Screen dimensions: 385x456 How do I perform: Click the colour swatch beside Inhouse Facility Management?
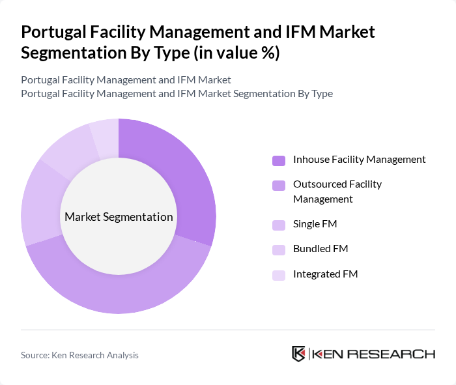pyautogui.click(x=279, y=160)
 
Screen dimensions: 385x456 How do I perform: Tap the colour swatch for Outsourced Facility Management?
pyautogui.click(x=279, y=185)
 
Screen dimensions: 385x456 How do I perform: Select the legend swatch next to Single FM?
pyautogui.click(x=279, y=225)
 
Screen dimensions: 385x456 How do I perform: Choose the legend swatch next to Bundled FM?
pyautogui.click(x=279, y=250)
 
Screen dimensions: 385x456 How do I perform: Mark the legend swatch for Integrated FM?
pyautogui.click(x=279, y=275)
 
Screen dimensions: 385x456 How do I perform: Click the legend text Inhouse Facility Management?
pyautogui.click(x=359, y=159)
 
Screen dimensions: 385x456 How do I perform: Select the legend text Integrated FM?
pyautogui.click(x=325, y=274)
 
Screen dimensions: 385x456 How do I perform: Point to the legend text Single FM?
pyautogui.click(x=315, y=224)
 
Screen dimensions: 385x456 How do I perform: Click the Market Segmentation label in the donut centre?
pyautogui.click(x=119, y=217)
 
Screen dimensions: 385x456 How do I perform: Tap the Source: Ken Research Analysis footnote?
pyautogui.click(x=80, y=355)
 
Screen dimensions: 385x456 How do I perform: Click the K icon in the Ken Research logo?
pyautogui.click(x=299, y=354)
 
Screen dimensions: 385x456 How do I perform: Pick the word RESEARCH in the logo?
pyautogui.click(x=397, y=354)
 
